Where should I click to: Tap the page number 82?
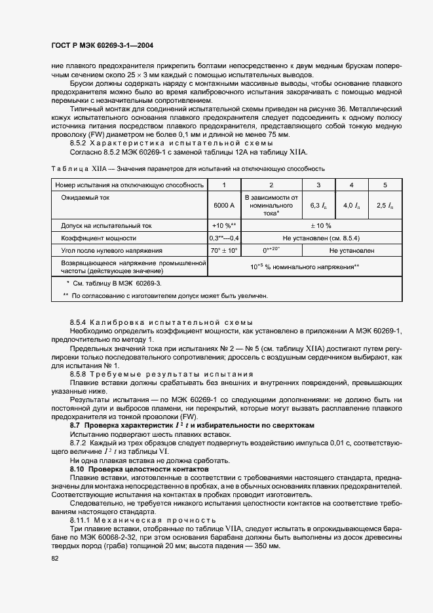point(55,558)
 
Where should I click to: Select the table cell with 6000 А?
point(223,205)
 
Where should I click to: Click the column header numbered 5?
point(385,185)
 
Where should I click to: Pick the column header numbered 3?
point(319,185)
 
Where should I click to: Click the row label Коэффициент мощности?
point(98,238)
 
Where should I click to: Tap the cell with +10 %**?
point(223,225)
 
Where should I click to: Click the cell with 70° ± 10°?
point(223,250)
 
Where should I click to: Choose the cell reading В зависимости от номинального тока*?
point(271,205)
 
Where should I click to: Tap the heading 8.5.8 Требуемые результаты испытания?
point(161,373)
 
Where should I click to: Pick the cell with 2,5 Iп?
point(385,205)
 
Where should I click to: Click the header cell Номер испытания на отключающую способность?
point(129,185)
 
